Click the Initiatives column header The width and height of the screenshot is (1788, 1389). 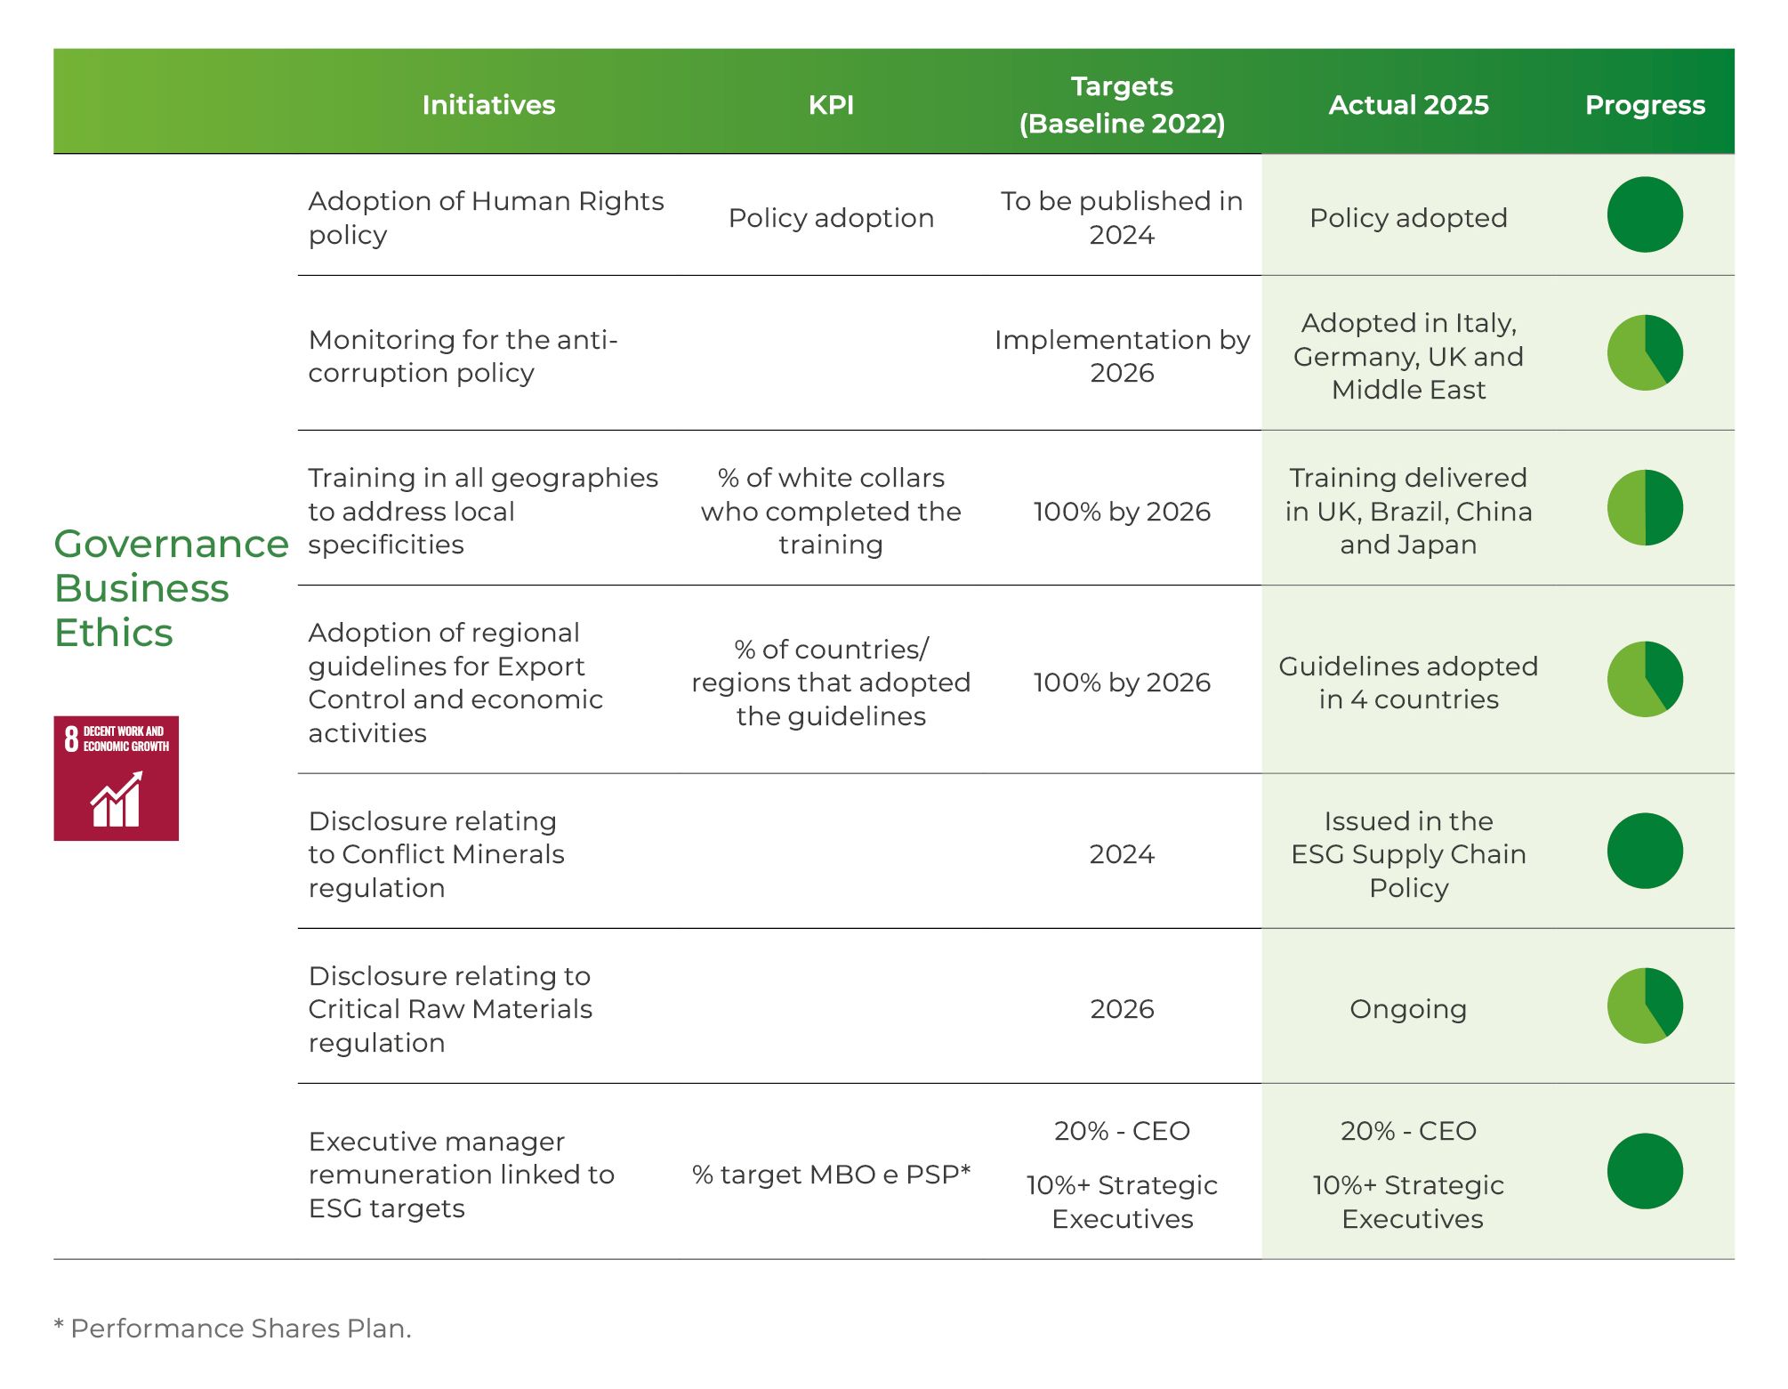[x=488, y=105]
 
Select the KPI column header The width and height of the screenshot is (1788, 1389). [x=831, y=105]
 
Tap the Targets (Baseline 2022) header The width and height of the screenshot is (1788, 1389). [x=1122, y=105]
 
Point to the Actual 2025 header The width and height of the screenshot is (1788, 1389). [x=1408, y=105]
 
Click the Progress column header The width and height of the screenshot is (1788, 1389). [x=1645, y=105]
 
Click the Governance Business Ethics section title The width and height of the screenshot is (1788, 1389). [x=171, y=588]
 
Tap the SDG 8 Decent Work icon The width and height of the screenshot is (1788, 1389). [x=117, y=779]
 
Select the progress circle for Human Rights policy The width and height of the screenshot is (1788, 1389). [x=1645, y=214]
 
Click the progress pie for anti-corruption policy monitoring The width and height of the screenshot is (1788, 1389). [x=1645, y=352]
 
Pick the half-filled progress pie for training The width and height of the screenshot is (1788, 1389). [x=1645, y=507]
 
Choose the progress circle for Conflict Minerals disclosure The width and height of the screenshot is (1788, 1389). [x=1645, y=851]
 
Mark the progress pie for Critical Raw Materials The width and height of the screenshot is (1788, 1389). [x=1645, y=1005]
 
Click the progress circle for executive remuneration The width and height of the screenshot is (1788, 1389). [x=1645, y=1171]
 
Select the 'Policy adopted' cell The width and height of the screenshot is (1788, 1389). [x=1408, y=218]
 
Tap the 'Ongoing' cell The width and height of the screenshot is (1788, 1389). [x=1408, y=1009]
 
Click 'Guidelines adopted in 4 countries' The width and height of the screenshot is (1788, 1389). [x=1408, y=682]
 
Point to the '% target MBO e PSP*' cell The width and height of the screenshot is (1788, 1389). [x=831, y=1175]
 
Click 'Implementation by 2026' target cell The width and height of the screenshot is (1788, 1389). [x=1122, y=356]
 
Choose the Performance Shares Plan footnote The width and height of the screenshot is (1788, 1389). [x=233, y=1328]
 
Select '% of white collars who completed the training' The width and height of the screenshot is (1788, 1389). [x=831, y=512]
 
